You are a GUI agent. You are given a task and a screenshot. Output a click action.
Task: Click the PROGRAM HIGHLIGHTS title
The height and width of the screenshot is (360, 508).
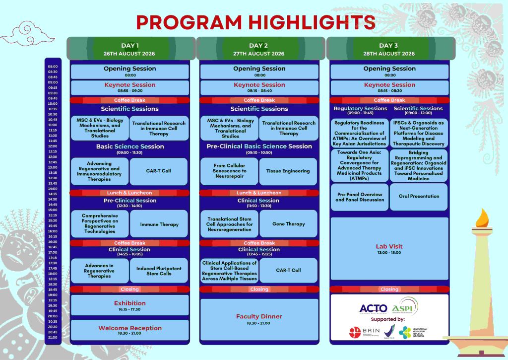(x=255, y=22)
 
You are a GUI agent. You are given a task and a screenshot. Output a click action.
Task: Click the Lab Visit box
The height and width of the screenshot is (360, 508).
(x=389, y=249)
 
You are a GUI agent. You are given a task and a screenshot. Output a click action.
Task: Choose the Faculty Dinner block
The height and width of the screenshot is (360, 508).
(x=259, y=319)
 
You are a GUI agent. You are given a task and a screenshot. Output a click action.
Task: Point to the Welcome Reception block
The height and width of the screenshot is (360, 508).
(x=130, y=330)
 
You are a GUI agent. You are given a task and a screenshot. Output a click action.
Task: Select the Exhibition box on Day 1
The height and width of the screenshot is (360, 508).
(x=130, y=305)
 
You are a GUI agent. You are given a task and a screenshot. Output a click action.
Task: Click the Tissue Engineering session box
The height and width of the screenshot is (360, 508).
(x=288, y=171)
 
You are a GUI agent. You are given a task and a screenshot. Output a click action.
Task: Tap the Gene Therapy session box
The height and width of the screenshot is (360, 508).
(x=288, y=224)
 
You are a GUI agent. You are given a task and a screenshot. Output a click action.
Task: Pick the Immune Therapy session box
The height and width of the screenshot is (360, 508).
(x=159, y=224)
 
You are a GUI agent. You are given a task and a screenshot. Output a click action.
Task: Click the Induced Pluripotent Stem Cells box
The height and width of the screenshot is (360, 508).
(x=159, y=271)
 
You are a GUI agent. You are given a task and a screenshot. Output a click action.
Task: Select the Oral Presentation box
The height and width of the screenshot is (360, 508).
(x=419, y=197)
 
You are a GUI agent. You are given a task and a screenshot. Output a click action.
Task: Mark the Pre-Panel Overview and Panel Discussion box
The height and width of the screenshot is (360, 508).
(x=360, y=197)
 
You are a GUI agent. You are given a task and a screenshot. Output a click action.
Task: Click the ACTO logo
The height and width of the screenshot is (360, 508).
(x=373, y=308)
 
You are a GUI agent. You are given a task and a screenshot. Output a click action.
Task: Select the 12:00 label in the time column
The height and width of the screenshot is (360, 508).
(x=53, y=146)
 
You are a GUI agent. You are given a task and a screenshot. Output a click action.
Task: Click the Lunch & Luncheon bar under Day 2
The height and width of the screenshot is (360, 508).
(x=259, y=193)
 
